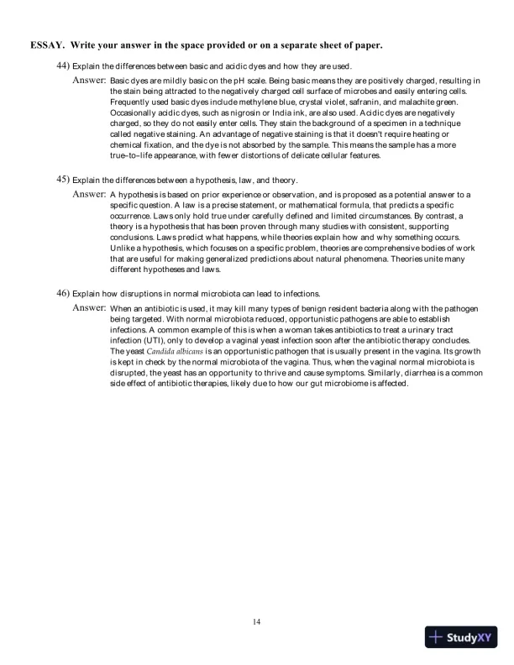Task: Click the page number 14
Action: (257, 621)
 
